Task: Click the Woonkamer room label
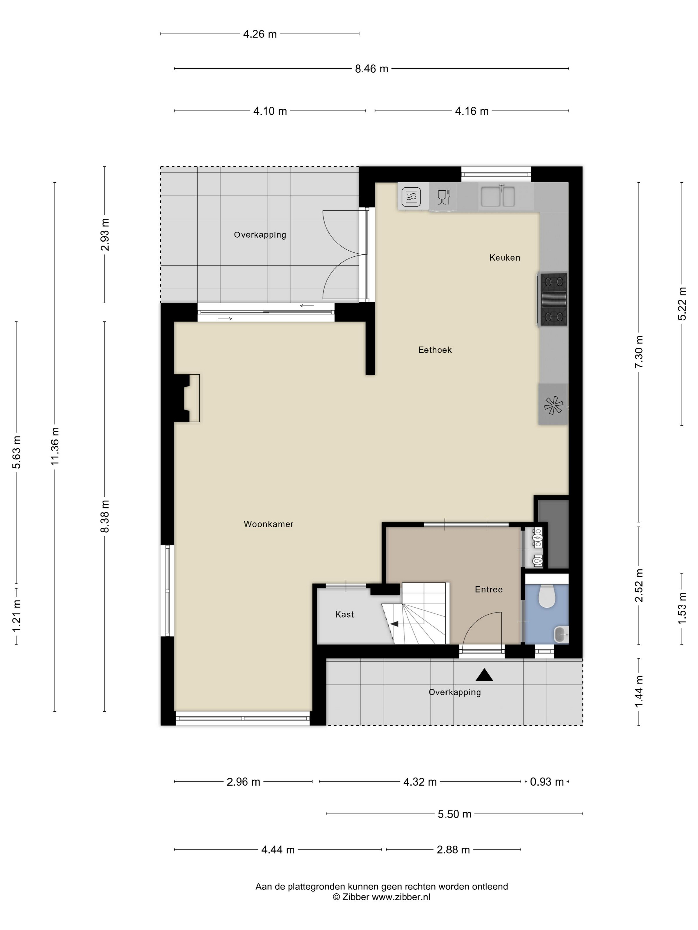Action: click(x=269, y=524)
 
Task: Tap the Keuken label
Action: click(x=505, y=258)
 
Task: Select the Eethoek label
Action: click(x=435, y=350)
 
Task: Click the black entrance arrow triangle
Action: click(x=484, y=675)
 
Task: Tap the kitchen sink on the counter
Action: click(x=498, y=196)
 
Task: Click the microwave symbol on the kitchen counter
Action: click(x=411, y=197)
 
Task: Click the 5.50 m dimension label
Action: click(x=454, y=814)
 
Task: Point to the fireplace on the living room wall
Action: click(x=187, y=398)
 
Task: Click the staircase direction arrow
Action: click(x=394, y=624)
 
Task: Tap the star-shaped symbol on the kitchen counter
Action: click(x=553, y=405)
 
